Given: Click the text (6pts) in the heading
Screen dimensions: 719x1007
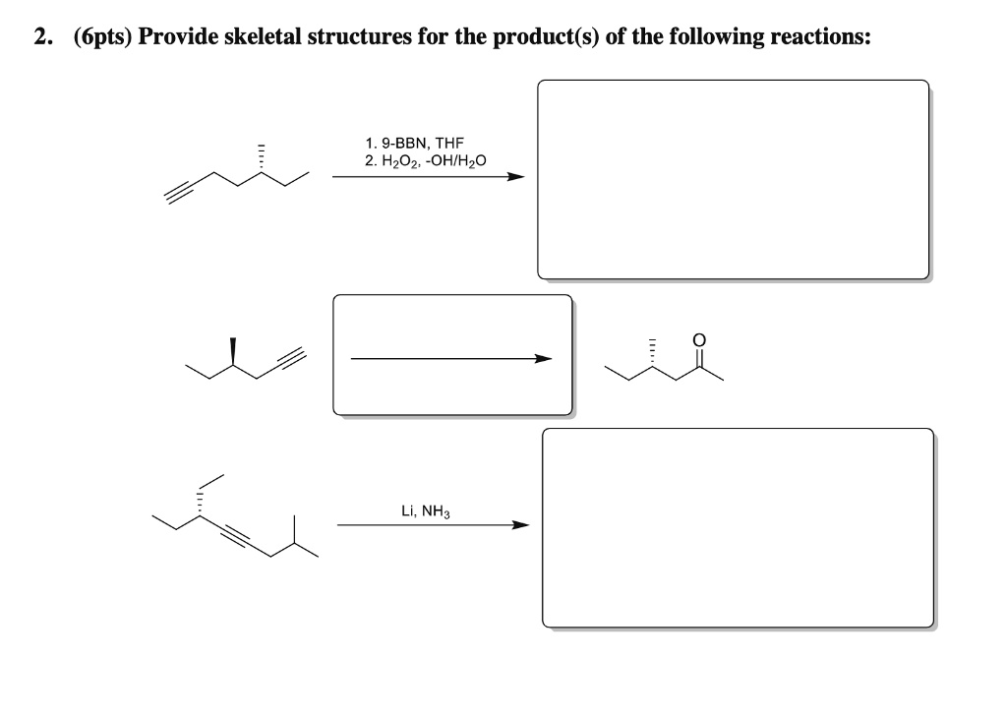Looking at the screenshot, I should coord(103,37).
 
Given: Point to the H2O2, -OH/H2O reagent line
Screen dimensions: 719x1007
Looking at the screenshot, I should coord(425,159).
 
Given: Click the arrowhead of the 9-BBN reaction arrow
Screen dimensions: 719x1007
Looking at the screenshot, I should coord(515,177).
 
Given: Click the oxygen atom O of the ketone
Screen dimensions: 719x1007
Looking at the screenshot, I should coord(699,339).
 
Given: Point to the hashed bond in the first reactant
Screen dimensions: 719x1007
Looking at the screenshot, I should coord(262,157).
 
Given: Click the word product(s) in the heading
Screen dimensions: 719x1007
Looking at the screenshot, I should coord(538,37).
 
